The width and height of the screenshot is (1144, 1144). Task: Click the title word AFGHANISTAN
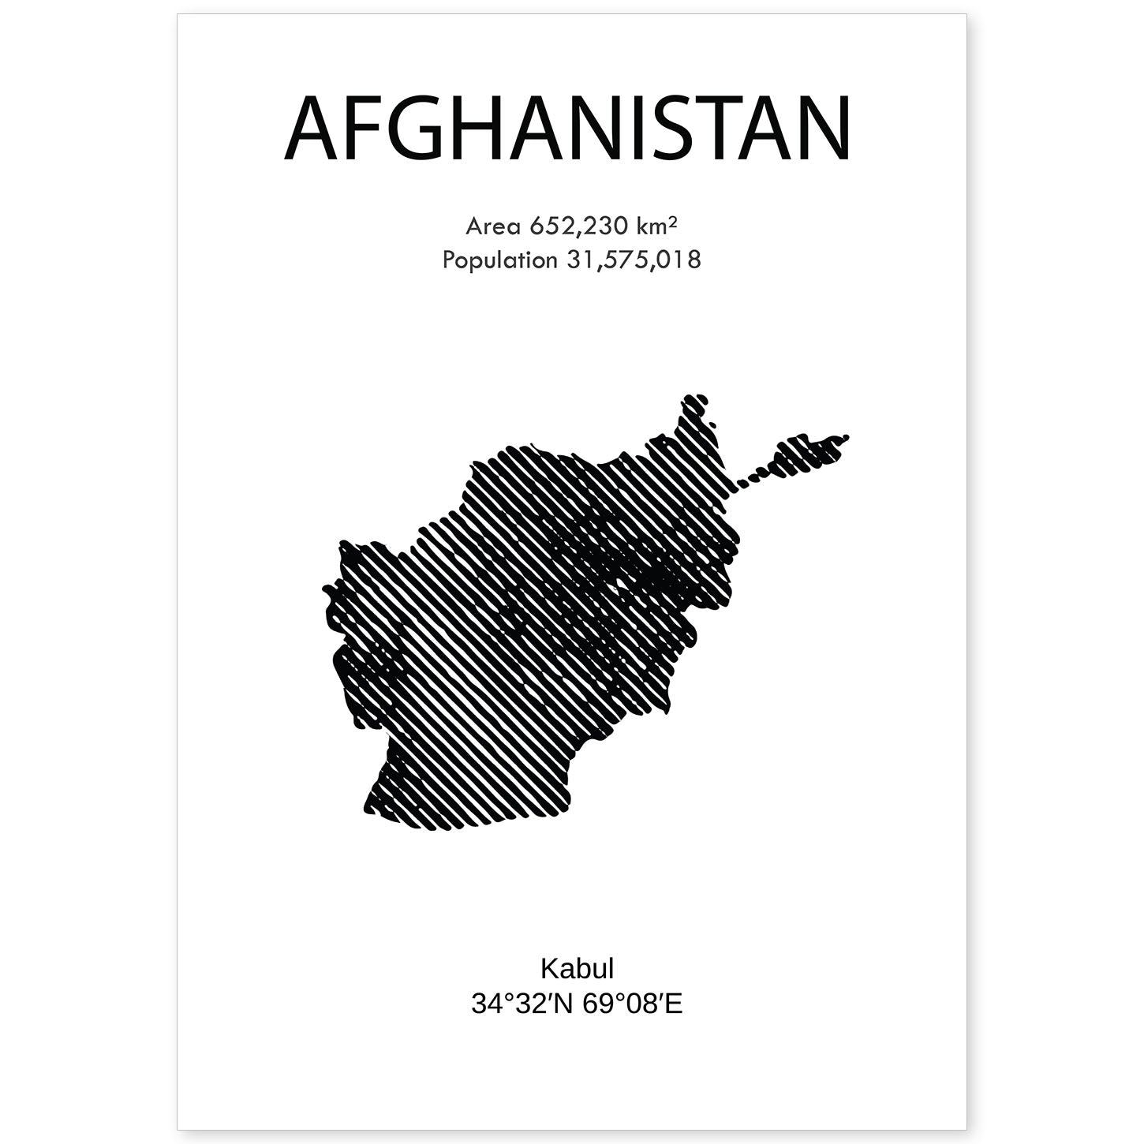[x=568, y=129]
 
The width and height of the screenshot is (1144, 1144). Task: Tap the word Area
[x=493, y=226]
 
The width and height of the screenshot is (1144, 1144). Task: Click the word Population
[x=499, y=260]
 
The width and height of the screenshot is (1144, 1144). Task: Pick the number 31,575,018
[x=634, y=260]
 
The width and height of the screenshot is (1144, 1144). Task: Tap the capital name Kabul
[x=577, y=968]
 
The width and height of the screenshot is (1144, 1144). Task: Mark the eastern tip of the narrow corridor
[x=846, y=436]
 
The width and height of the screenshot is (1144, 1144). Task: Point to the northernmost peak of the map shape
[x=694, y=397]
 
